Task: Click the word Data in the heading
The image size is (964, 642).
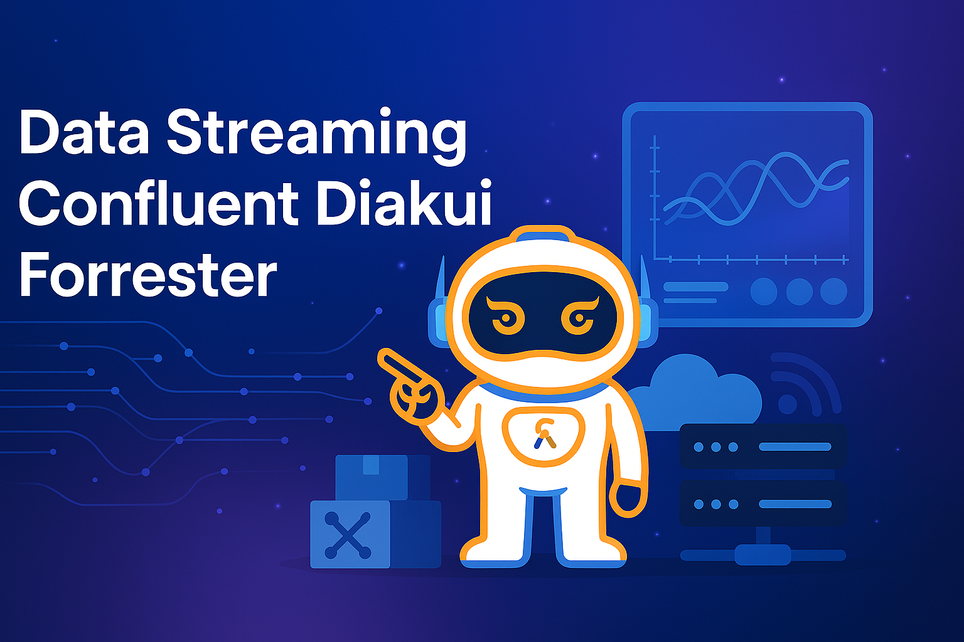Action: [x=84, y=133]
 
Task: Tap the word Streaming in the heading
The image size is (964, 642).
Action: [x=316, y=135]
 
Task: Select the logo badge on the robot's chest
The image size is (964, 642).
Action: [x=544, y=433]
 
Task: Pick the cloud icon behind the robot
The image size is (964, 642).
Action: [x=697, y=389]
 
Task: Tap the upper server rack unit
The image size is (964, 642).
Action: [x=763, y=446]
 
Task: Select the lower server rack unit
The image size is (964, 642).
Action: [x=763, y=503]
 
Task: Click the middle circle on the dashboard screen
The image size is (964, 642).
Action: [x=799, y=292]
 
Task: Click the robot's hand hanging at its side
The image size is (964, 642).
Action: [x=629, y=499]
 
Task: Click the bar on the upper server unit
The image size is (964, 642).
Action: [x=795, y=447]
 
